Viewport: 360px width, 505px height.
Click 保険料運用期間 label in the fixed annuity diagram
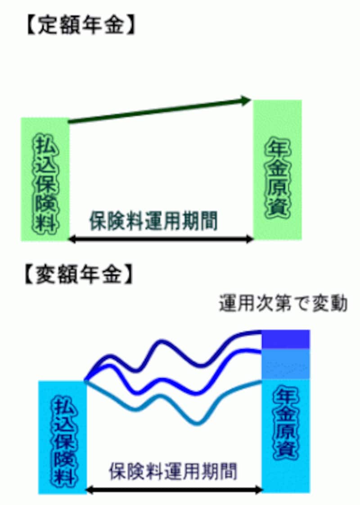[x=153, y=222]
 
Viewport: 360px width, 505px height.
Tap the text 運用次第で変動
[x=283, y=304]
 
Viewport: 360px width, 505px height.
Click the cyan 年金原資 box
[x=286, y=434]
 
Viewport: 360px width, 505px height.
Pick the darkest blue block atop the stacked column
[x=286, y=339]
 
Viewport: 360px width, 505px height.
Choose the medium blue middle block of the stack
[x=286, y=363]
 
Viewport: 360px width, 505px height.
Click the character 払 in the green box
[x=45, y=144]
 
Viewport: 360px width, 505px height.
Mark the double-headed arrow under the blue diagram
[x=173, y=489]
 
